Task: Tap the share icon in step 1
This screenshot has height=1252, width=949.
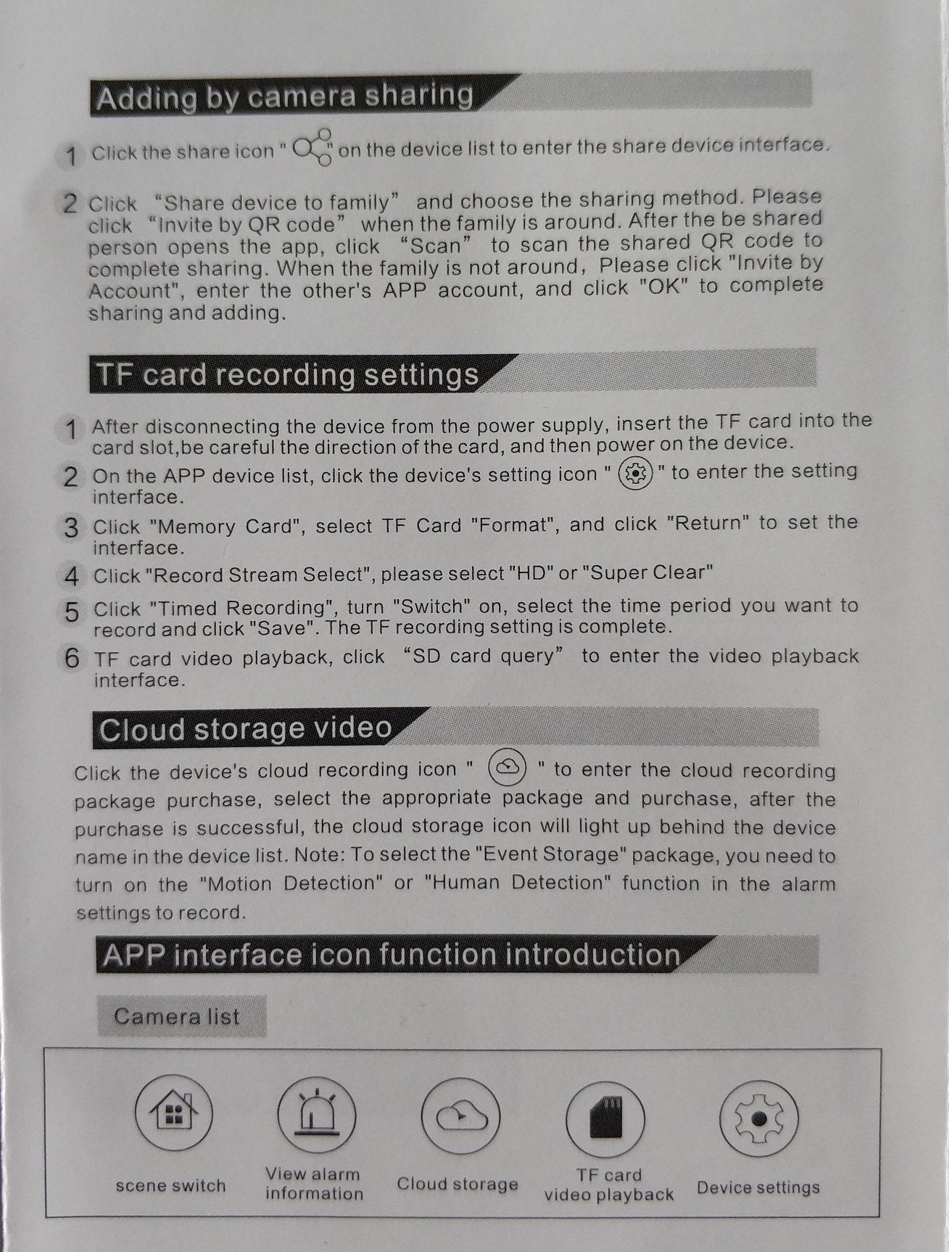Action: click(313, 148)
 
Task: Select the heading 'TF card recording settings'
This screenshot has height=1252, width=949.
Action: click(287, 375)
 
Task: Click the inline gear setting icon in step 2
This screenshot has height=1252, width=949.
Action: click(636, 474)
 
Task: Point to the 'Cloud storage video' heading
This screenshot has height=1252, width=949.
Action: click(245, 729)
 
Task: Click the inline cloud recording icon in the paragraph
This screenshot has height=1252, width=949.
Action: click(507, 768)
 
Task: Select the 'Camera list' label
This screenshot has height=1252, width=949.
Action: click(176, 1016)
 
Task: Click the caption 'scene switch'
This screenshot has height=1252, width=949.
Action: click(171, 1185)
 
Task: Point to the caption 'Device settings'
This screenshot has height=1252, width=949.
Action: click(758, 1187)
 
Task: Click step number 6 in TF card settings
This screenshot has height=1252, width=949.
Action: click(71, 658)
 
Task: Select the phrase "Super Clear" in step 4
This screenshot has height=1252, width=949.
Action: click(652, 573)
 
